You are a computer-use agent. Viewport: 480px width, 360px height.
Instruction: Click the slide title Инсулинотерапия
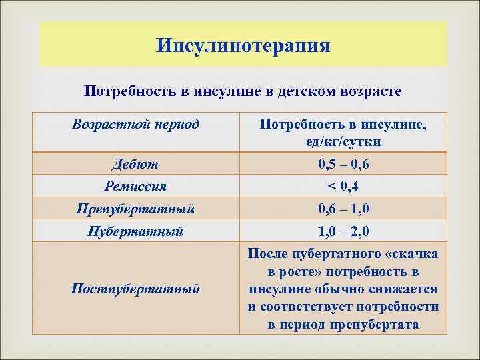(243, 45)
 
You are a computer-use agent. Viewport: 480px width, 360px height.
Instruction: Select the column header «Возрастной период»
(136, 124)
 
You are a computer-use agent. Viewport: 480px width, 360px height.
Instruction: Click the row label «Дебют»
(136, 164)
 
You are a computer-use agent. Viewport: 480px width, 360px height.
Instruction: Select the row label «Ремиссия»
(136, 186)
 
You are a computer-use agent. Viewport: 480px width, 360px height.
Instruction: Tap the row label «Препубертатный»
(136, 209)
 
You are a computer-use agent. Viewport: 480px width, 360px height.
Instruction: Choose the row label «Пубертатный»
(136, 231)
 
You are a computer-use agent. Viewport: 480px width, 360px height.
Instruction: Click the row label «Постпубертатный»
(136, 289)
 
